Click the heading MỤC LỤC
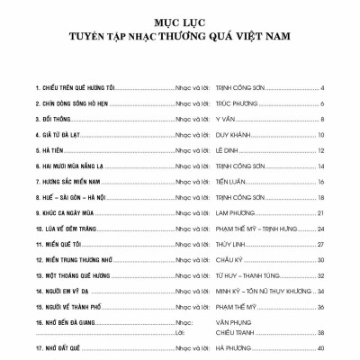click(x=180, y=19)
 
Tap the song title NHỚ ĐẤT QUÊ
click(x=58, y=349)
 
